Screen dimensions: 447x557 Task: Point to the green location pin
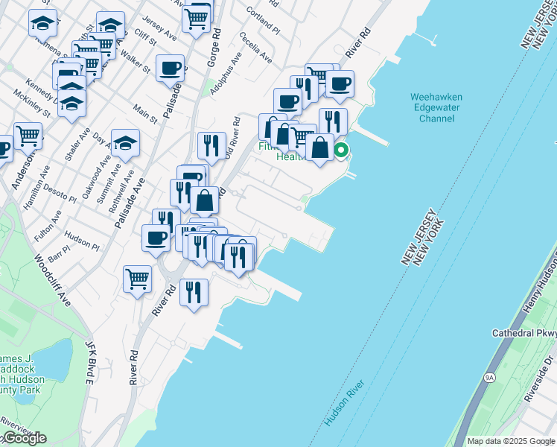click(x=341, y=151)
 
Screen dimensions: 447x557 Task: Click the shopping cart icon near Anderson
click(x=28, y=136)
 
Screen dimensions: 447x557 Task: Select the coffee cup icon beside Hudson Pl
click(x=156, y=238)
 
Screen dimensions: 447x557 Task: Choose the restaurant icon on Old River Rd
click(x=212, y=145)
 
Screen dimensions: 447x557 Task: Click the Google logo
click(x=24, y=438)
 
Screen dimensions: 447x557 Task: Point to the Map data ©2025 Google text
click(x=511, y=441)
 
